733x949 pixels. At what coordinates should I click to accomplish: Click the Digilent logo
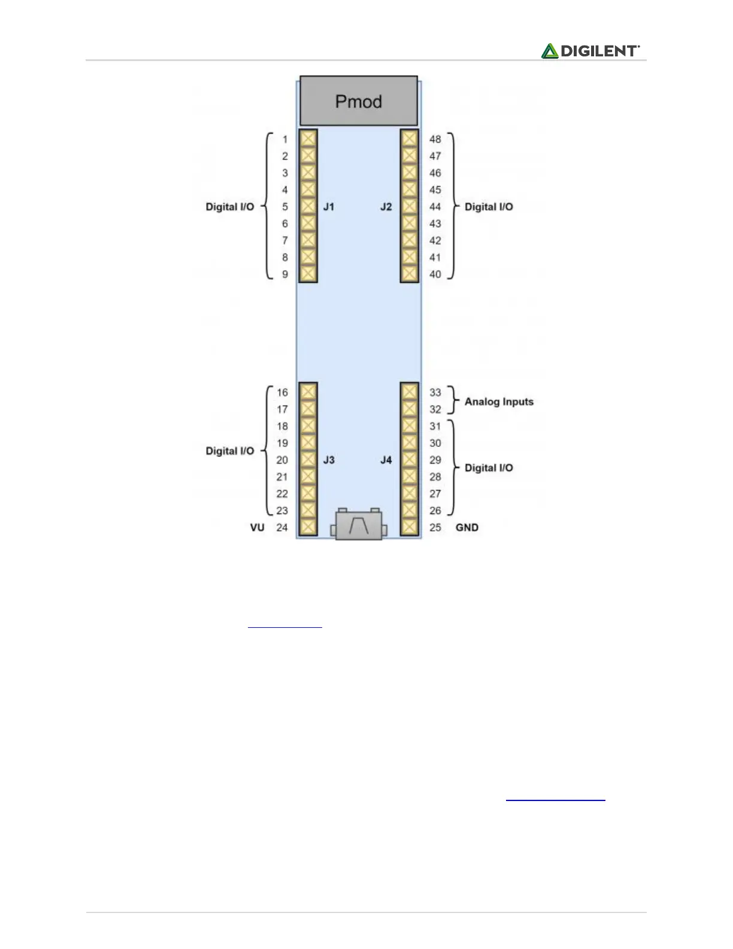(590, 51)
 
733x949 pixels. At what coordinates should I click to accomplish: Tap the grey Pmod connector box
(358, 101)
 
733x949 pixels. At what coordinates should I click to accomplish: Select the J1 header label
(329, 207)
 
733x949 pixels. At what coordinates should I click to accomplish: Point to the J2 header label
(386, 207)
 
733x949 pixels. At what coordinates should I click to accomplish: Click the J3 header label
(329, 460)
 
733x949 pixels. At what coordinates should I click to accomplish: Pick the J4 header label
(386, 460)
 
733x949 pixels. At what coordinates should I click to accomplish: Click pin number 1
(285, 140)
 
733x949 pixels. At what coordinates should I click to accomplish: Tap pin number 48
(435, 139)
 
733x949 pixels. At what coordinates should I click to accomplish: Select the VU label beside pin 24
(257, 528)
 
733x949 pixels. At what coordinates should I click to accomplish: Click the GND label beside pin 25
(467, 528)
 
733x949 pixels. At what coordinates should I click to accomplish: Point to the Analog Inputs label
(499, 401)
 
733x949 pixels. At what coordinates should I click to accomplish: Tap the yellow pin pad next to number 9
(308, 274)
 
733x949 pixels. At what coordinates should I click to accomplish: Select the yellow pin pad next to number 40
(410, 274)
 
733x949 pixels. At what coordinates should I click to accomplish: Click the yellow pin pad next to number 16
(308, 392)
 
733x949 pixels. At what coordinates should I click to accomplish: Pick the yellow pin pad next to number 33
(410, 392)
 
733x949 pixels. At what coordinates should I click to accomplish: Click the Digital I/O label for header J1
(230, 207)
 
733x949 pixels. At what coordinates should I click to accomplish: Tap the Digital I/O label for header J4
(489, 468)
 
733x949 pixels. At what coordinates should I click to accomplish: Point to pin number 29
(435, 460)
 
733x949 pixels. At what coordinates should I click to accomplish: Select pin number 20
(282, 460)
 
